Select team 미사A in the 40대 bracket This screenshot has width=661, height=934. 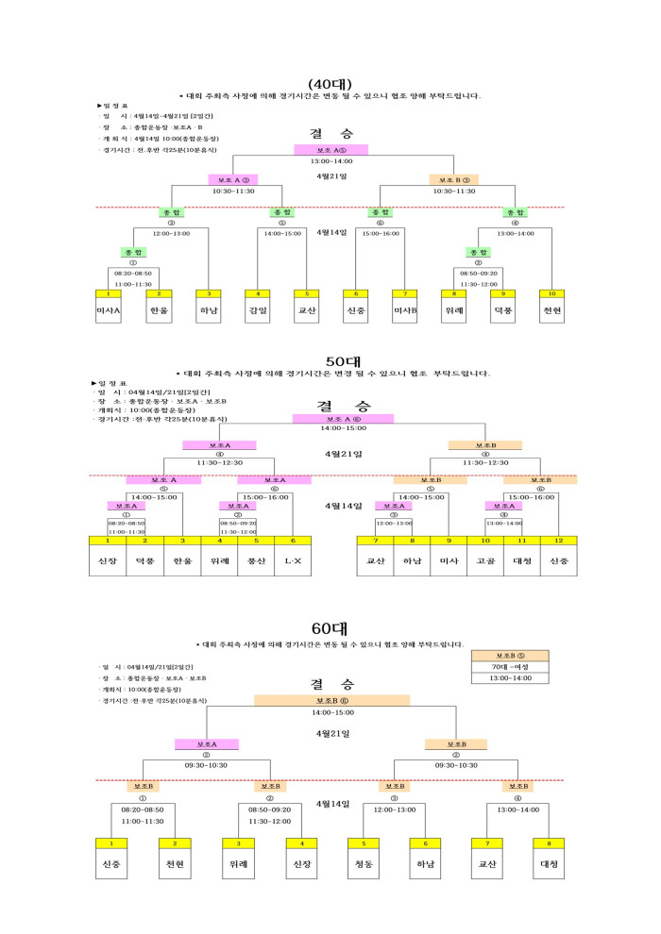click(x=109, y=309)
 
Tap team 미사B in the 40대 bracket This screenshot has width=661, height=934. click(x=404, y=309)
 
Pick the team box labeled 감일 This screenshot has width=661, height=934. click(x=258, y=309)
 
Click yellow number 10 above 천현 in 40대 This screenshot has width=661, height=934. click(x=551, y=293)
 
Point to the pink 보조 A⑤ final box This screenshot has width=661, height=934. click(x=330, y=150)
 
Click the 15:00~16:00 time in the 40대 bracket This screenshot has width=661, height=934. click(x=381, y=233)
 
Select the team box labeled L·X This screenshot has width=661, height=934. click(x=293, y=560)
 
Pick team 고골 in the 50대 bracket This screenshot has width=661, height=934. click(x=485, y=560)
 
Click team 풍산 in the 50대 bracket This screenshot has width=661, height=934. click(x=256, y=560)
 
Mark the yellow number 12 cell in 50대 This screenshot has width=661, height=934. click(x=559, y=540)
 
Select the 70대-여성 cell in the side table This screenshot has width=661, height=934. click(x=510, y=666)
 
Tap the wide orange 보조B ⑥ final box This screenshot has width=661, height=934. click(x=331, y=701)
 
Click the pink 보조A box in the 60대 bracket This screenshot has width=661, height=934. click(x=207, y=743)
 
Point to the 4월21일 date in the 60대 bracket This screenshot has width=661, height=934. click(x=332, y=732)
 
